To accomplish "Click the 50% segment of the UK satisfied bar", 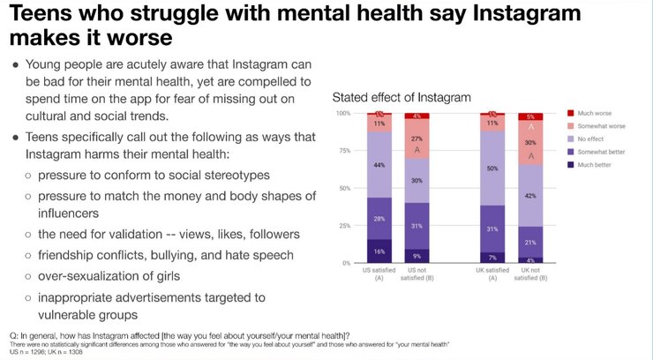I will [x=494, y=168].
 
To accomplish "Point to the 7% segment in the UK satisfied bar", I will [x=494, y=258].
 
